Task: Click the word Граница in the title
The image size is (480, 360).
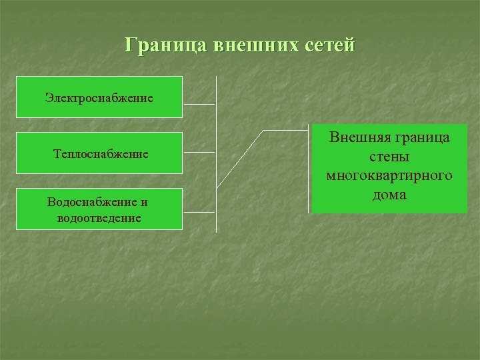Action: pyautogui.click(x=167, y=46)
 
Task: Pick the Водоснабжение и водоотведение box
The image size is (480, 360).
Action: pyautogui.click(x=99, y=209)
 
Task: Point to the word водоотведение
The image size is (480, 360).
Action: pyautogui.click(x=99, y=217)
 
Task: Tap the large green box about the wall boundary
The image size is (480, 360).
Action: pyautogui.click(x=389, y=168)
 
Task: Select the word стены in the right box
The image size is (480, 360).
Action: pyautogui.click(x=389, y=157)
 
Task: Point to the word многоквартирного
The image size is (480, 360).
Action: pyautogui.click(x=389, y=176)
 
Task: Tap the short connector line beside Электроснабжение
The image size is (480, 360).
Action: pyautogui.click(x=199, y=105)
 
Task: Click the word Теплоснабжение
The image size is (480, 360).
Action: pyautogui.click(x=99, y=154)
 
